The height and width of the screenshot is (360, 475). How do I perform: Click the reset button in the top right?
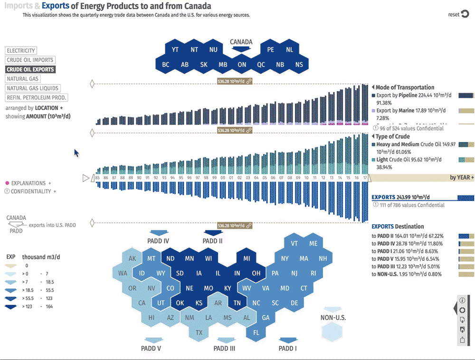458,14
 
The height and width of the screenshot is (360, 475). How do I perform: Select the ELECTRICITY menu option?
21,51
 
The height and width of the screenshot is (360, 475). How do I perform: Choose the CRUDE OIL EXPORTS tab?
30,69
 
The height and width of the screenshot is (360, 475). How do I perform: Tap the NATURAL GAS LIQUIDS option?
33,88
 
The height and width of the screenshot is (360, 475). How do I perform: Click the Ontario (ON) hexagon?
242,65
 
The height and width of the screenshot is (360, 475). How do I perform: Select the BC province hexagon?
166,65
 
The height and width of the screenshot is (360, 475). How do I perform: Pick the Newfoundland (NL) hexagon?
289,50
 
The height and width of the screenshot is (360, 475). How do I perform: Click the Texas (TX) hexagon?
199,332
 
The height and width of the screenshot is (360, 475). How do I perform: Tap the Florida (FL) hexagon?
256,332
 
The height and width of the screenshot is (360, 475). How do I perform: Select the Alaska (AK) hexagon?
133,258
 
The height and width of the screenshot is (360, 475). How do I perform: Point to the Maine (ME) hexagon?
313,244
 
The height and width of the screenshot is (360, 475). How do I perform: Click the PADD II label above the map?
212,241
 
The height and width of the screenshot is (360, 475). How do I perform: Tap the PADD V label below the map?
151,348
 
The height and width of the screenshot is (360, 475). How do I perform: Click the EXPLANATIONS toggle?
28,183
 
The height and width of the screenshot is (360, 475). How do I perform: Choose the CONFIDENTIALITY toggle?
32,191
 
